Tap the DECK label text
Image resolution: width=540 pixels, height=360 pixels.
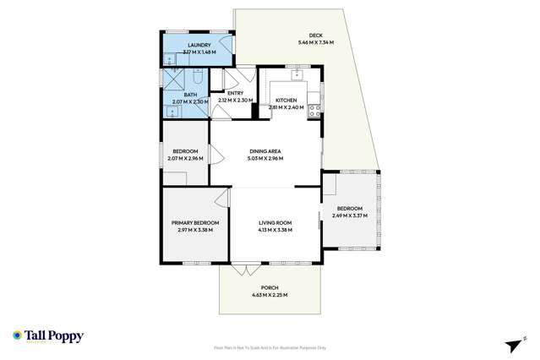point(315,35)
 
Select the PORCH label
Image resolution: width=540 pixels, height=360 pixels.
point(270,288)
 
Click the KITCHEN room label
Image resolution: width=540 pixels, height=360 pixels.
point(286,100)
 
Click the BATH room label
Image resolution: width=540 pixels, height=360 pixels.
point(184,95)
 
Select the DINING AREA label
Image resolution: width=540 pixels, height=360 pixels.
point(265,151)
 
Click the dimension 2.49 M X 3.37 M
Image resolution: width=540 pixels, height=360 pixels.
point(349,215)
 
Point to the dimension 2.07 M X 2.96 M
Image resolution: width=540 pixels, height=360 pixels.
point(184,158)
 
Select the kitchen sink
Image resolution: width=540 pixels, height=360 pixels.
point(297,74)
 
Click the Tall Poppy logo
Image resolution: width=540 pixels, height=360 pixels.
point(47,335)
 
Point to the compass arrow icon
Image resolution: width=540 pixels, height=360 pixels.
point(510,344)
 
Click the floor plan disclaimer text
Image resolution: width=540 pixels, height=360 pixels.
point(270,347)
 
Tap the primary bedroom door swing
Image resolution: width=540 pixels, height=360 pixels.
point(221,199)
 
